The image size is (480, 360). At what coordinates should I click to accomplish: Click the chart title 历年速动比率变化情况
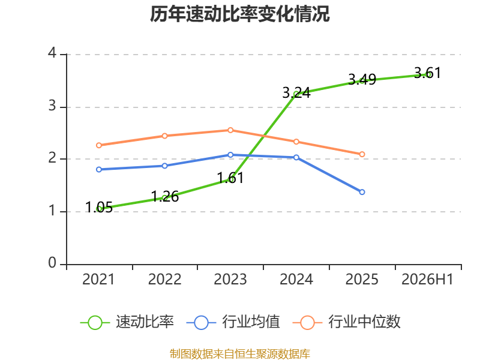click(x=239, y=14)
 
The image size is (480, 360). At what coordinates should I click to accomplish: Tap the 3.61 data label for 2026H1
click(x=427, y=73)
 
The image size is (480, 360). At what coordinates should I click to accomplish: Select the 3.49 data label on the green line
click(x=362, y=80)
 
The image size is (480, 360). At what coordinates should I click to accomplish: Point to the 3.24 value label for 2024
click(x=296, y=93)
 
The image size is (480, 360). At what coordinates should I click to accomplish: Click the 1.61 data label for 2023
click(x=230, y=178)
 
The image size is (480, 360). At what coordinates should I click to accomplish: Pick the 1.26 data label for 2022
click(x=164, y=196)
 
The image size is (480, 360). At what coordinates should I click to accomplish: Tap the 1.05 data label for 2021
click(x=99, y=207)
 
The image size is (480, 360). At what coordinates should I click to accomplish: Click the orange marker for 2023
click(x=230, y=130)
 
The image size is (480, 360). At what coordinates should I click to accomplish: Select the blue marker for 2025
click(x=362, y=192)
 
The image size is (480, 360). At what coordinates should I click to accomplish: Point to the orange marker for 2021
click(x=99, y=145)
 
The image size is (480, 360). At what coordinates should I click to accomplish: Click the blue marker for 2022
click(x=164, y=166)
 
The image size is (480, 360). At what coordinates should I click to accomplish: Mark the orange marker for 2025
click(x=362, y=154)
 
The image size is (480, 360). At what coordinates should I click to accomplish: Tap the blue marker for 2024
click(x=296, y=157)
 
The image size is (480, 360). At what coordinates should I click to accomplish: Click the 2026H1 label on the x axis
click(x=427, y=279)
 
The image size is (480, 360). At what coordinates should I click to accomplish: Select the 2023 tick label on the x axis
click(x=230, y=279)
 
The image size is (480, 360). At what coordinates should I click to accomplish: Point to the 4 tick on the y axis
click(x=52, y=53)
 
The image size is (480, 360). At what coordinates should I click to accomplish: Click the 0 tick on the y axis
click(x=52, y=263)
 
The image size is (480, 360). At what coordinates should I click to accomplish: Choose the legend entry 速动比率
click(x=127, y=322)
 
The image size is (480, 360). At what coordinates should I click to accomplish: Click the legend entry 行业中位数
click(x=347, y=322)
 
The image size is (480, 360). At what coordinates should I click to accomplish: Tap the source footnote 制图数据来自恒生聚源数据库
click(x=239, y=354)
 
